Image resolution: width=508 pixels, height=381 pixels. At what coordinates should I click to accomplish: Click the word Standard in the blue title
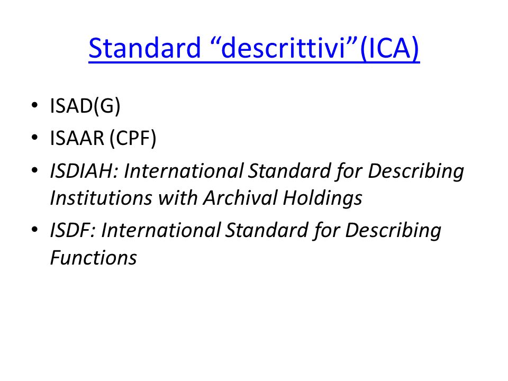(145, 48)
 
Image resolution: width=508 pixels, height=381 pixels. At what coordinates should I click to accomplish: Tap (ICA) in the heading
(389, 48)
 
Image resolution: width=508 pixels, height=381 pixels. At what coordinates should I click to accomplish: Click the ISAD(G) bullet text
(85, 106)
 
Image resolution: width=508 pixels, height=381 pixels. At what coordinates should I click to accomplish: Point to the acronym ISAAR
(77, 138)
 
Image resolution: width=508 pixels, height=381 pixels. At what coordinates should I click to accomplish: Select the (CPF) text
(133, 138)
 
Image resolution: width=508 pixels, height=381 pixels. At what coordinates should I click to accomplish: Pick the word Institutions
(101, 197)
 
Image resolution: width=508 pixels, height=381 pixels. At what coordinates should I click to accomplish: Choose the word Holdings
(322, 198)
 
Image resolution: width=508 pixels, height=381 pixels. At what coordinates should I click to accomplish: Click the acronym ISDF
(72, 230)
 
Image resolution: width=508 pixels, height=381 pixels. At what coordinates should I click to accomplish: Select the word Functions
(94, 258)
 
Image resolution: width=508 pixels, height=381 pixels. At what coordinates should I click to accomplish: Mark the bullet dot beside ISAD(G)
(35, 105)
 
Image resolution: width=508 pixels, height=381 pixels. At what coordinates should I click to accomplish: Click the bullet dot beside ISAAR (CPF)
(35, 138)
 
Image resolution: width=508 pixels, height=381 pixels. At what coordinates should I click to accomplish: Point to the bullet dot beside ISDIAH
(35, 170)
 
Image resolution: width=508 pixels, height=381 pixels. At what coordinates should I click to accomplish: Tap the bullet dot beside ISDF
(35, 230)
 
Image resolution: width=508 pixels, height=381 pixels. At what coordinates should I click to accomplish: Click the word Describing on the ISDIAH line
(416, 171)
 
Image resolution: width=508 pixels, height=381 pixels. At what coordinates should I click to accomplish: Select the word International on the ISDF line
(161, 230)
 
